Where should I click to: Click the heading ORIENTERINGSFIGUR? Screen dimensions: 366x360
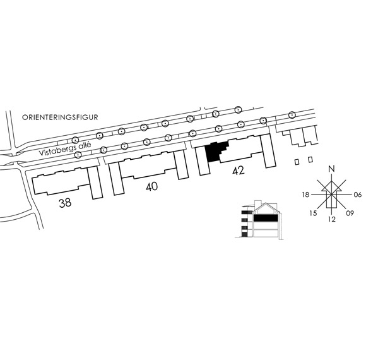tap(60, 117)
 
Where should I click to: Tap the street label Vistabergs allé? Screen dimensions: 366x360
tap(65, 149)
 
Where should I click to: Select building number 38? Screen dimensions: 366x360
tap(65, 203)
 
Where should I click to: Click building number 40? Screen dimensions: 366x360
tap(151, 187)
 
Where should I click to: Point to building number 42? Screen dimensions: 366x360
tap(239, 171)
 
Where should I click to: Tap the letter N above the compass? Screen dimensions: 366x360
tap(331, 169)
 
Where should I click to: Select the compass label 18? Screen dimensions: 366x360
tap(305, 195)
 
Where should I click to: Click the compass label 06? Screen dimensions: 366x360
tap(358, 195)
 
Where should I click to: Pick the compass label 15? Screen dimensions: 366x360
tap(313, 213)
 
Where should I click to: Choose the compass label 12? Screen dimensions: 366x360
tap(332, 219)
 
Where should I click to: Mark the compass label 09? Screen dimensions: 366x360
tap(350, 213)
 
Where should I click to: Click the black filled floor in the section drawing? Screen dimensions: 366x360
tap(266, 218)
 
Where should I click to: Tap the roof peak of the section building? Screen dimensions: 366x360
tap(266, 203)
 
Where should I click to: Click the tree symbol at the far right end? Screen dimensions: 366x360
tap(292, 115)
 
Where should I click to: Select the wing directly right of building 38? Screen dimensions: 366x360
tap(95, 183)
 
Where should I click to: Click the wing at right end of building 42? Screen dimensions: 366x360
tap(268, 151)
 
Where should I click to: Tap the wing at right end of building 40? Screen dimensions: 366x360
tap(181, 165)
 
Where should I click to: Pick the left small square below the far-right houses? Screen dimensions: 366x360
tap(297, 162)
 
